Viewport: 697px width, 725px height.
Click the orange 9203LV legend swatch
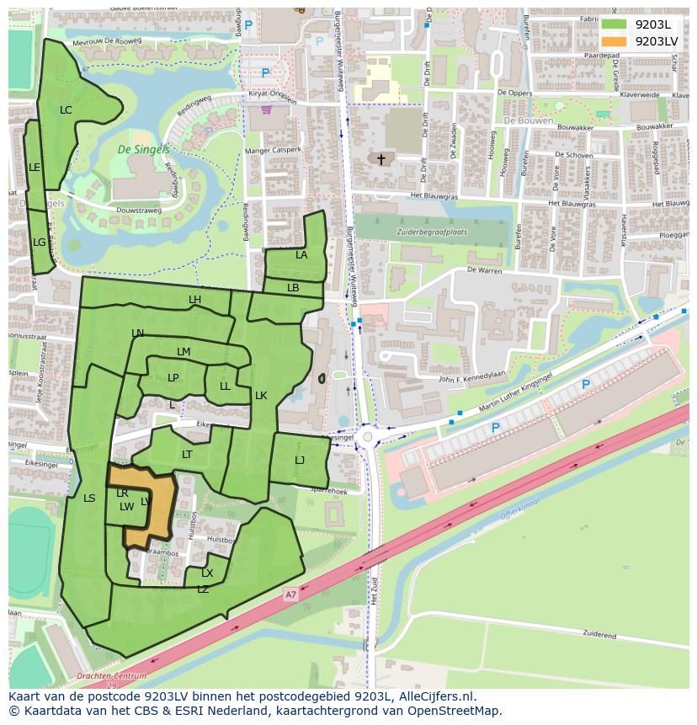pyautogui.click(x=615, y=41)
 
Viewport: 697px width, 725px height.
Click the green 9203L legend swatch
pyautogui.click(x=615, y=24)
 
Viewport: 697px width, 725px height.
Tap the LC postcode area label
pyautogui.click(x=66, y=110)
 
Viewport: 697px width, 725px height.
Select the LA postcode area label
pyautogui.click(x=301, y=255)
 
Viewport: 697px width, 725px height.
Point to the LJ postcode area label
pyautogui.click(x=300, y=461)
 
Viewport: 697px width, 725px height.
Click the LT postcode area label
pyautogui.click(x=187, y=455)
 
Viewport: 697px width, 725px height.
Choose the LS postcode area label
pyautogui.click(x=89, y=498)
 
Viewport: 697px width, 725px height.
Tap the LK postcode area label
pyautogui.click(x=261, y=396)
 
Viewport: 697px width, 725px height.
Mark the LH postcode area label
pyautogui.click(x=194, y=300)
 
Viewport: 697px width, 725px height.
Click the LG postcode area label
pyautogui.click(x=39, y=243)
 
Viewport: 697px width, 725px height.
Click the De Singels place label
pyautogui.click(x=143, y=150)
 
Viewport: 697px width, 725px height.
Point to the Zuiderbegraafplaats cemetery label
pyautogui.click(x=434, y=232)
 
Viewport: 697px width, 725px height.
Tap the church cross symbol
pyautogui.click(x=380, y=158)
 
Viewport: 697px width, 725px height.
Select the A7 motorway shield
pyautogui.click(x=290, y=594)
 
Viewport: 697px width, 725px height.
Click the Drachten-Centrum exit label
pyautogui.click(x=111, y=676)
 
